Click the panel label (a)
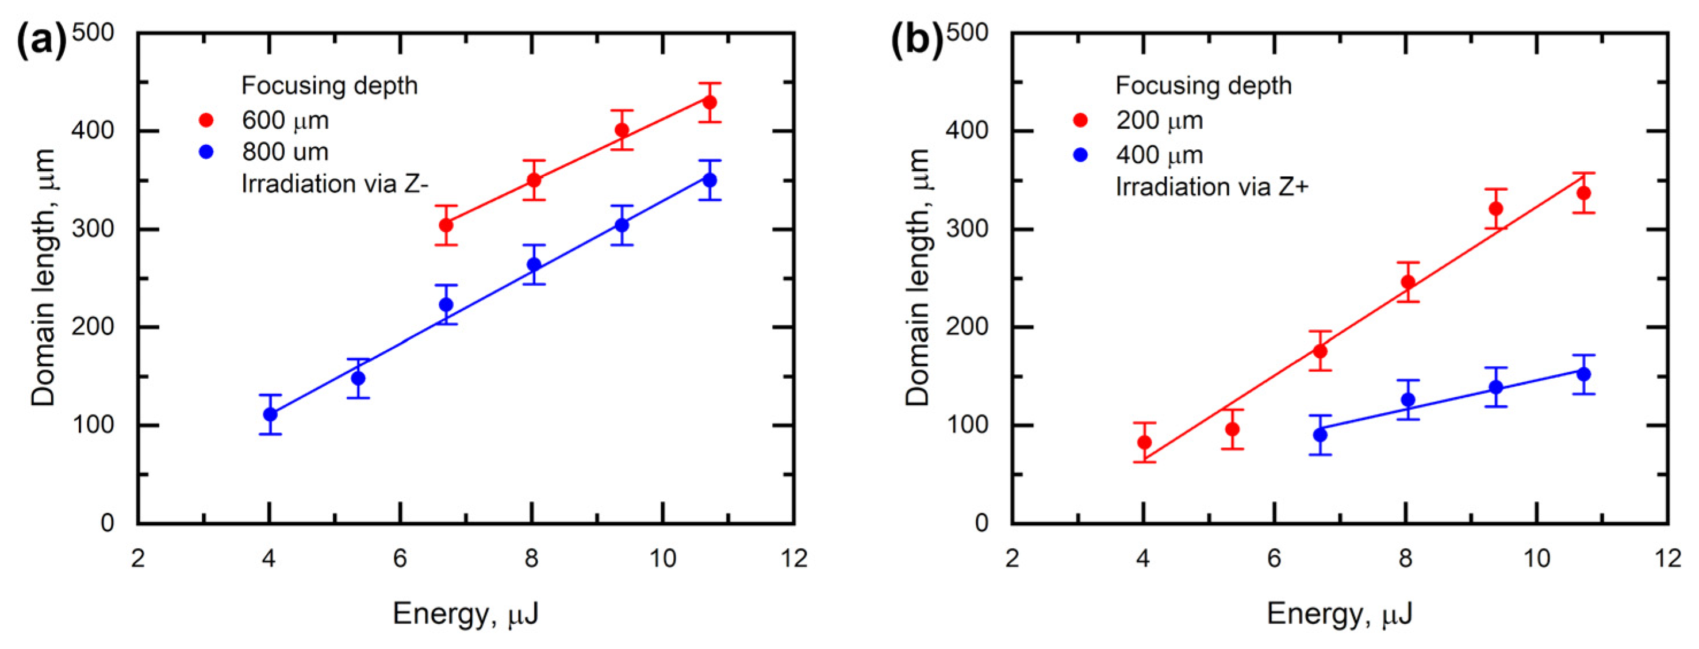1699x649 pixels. pyautogui.click(x=41, y=41)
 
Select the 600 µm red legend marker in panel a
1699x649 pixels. pyautogui.click(x=206, y=120)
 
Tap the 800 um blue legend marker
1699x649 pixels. pyautogui.click(x=206, y=152)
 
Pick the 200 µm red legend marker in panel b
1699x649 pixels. pyautogui.click(x=1080, y=120)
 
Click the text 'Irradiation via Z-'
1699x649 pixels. pyautogui.click(x=335, y=184)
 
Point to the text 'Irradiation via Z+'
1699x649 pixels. pyautogui.click(x=1211, y=187)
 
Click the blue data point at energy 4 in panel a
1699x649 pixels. pyautogui.click(x=270, y=414)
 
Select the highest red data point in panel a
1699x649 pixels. pyautogui.click(x=709, y=102)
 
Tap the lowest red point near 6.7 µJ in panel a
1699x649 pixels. pyautogui.click(x=446, y=225)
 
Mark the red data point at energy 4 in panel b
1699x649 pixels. pyautogui.click(x=1144, y=442)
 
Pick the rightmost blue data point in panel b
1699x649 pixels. pyautogui.click(x=1583, y=374)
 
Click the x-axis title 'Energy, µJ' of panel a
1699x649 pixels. pyautogui.click(x=466, y=614)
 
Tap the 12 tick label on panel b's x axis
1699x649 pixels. pyautogui.click(x=1668, y=559)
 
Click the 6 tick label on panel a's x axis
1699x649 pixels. pyautogui.click(x=400, y=559)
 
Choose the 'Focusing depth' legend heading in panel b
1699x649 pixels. pyautogui.click(x=1203, y=86)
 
